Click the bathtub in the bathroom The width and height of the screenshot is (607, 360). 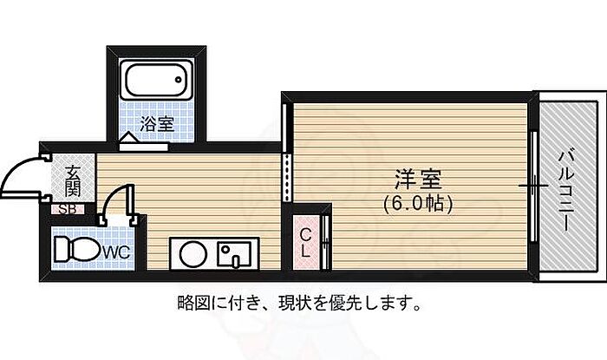(x=157, y=82)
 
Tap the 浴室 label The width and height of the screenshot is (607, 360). (x=159, y=123)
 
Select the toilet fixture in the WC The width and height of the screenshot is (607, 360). (x=76, y=250)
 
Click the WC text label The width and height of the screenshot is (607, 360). (x=116, y=252)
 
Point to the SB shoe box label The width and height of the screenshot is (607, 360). (x=67, y=209)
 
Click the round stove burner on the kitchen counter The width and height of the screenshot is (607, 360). (x=192, y=256)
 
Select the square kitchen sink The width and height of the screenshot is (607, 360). (x=232, y=255)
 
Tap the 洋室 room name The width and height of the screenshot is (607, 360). (x=420, y=181)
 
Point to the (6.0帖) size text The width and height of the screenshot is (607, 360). (x=420, y=205)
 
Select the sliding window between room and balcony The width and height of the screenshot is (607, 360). (x=533, y=186)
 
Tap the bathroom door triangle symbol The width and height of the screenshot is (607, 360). (x=127, y=137)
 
